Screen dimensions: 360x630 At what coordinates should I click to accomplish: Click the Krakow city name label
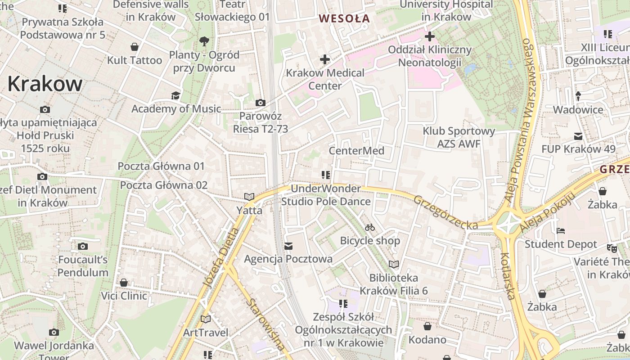tap(45, 84)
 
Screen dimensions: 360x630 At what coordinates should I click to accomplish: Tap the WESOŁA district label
tap(344, 18)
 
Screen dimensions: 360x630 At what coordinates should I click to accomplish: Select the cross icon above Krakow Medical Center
tap(324, 59)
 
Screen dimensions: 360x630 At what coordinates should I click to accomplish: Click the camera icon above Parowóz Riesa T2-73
tap(260, 103)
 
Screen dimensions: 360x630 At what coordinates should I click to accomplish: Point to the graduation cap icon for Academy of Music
tap(175, 95)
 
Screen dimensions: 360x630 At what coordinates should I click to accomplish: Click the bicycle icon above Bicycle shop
tap(370, 227)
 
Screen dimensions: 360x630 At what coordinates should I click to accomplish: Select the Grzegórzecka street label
tap(445, 212)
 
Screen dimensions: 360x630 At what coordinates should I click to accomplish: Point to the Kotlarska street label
tap(507, 275)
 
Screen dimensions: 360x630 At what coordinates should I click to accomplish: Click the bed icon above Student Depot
tap(561, 231)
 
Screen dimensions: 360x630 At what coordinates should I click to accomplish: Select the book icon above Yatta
tap(249, 197)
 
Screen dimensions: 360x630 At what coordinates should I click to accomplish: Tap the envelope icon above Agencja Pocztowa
tap(288, 246)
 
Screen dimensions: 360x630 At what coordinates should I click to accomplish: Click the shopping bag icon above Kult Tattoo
tap(134, 47)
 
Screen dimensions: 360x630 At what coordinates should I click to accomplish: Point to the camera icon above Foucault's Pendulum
tap(83, 246)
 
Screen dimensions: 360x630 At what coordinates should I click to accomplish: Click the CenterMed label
tap(356, 150)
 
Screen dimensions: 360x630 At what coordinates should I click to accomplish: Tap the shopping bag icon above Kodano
tap(427, 326)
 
